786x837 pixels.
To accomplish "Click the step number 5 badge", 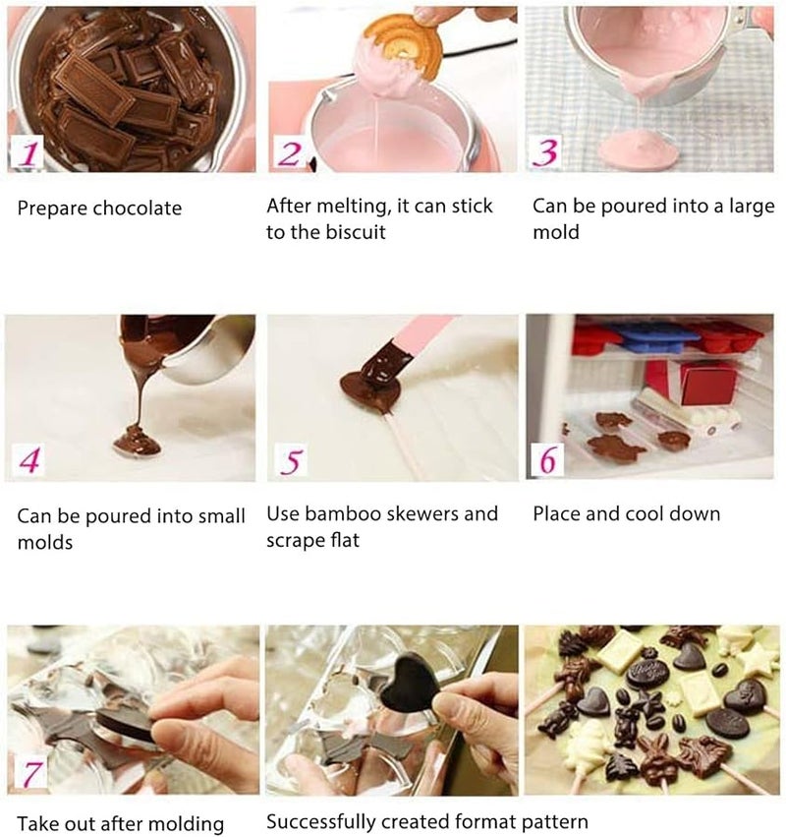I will [x=290, y=459].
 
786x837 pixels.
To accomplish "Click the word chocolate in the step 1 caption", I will [x=138, y=209].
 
